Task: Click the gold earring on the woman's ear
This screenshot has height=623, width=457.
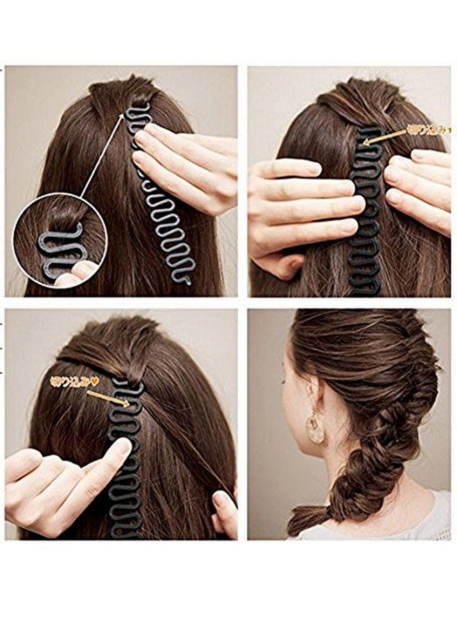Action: point(315,428)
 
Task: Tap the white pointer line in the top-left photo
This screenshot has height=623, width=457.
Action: point(102,156)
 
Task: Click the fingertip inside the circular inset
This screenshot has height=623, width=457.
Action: point(69,277)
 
